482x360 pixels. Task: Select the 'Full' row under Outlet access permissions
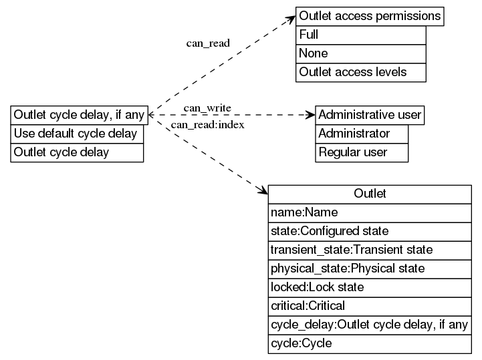360,35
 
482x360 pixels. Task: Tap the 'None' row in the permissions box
360,53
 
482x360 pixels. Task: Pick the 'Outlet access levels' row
360,72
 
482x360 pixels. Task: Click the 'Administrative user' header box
370,115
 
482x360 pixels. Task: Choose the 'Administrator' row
361,134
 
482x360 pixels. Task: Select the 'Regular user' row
361,152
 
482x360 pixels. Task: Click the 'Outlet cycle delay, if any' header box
78,115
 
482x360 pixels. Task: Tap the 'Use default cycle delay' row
77,134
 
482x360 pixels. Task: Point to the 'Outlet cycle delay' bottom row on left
77,152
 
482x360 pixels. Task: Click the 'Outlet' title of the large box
370,194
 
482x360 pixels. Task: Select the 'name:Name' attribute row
370,212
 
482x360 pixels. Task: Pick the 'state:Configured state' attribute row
370,231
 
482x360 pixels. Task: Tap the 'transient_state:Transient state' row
370,250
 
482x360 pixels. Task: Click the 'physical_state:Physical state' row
370,268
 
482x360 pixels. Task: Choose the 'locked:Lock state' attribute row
370,287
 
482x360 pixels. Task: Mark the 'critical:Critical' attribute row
370,306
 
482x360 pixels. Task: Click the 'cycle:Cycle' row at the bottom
370,344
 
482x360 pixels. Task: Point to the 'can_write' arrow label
207,108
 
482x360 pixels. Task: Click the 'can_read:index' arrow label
207,125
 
